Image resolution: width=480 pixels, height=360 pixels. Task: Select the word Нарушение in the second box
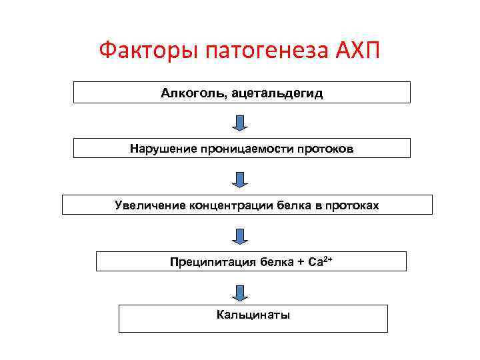click(163, 149)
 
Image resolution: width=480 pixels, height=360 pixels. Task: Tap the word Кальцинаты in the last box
click(253, 315)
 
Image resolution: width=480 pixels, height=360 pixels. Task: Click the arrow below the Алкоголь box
click(241, 122)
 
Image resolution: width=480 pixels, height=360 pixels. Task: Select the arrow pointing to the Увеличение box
click(241, 178)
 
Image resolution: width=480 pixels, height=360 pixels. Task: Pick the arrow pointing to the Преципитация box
click(241, 235)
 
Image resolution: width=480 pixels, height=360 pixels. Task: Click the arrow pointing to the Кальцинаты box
click(241, 291)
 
